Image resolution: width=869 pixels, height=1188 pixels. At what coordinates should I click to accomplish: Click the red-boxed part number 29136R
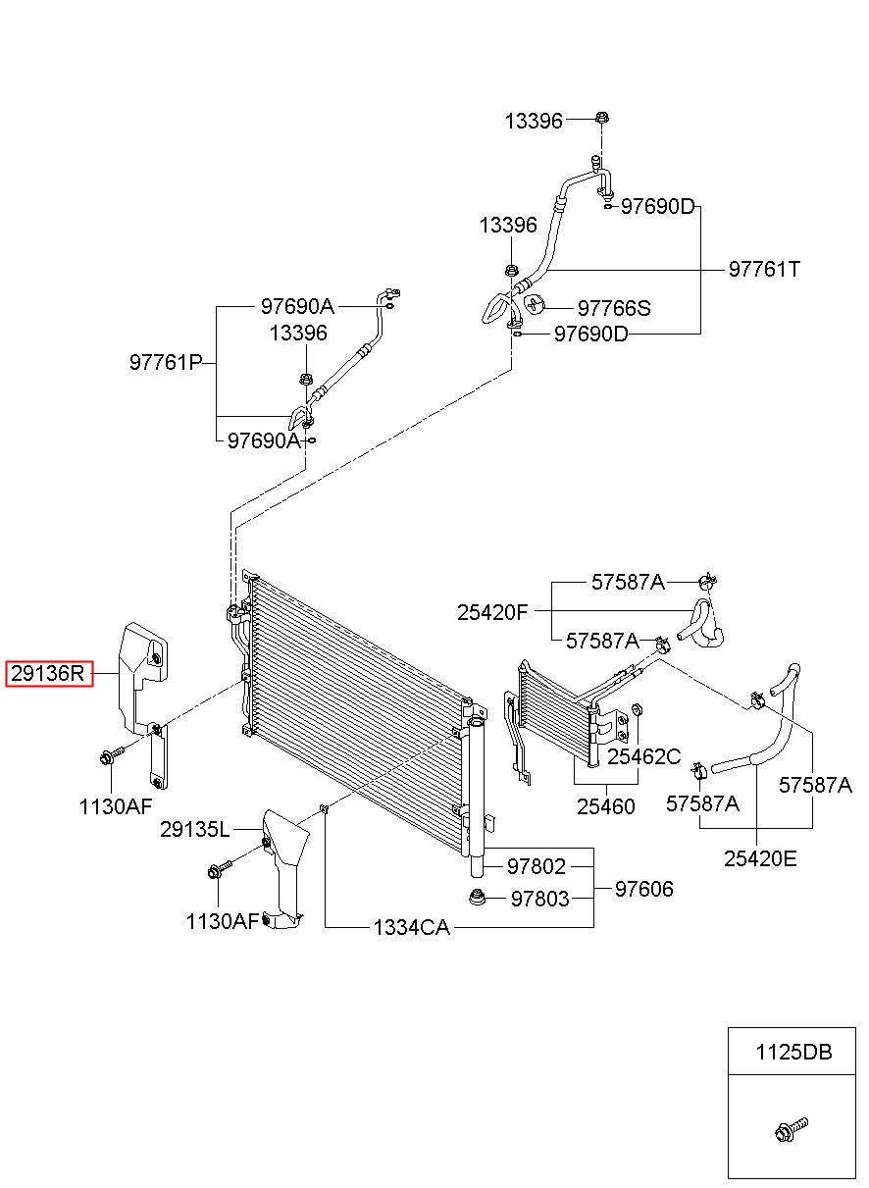point(48,674)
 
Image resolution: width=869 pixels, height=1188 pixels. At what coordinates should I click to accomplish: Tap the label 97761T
point(764,270)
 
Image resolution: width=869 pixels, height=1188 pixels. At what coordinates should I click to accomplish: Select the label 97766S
point(614,308)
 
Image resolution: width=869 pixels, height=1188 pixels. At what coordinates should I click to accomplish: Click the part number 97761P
point(167,363)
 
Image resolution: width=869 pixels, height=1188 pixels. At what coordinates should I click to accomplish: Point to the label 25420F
point(492,612)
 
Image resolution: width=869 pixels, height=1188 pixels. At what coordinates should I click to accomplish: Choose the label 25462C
point(643,756)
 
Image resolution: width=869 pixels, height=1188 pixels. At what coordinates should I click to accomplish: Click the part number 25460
point(605,806)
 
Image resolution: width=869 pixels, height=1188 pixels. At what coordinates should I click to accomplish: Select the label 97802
point(537,866)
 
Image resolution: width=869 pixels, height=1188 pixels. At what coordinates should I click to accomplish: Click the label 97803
point(539,899)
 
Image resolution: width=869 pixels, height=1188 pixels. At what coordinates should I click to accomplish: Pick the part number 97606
point(644,889)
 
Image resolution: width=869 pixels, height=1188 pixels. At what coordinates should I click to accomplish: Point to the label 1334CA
point(412,928)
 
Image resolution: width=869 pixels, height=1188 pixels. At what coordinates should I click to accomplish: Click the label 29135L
point(195,830)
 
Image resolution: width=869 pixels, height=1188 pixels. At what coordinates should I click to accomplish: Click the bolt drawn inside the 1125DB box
point(792,1130)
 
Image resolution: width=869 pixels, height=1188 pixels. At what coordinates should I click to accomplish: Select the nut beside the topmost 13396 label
point(602,118)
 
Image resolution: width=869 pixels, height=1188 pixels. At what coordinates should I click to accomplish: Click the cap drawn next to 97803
point(478,898)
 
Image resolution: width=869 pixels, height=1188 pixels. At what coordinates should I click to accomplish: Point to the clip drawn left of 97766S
point(535,304)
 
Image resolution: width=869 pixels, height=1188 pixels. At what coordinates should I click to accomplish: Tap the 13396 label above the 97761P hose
point(298,334)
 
